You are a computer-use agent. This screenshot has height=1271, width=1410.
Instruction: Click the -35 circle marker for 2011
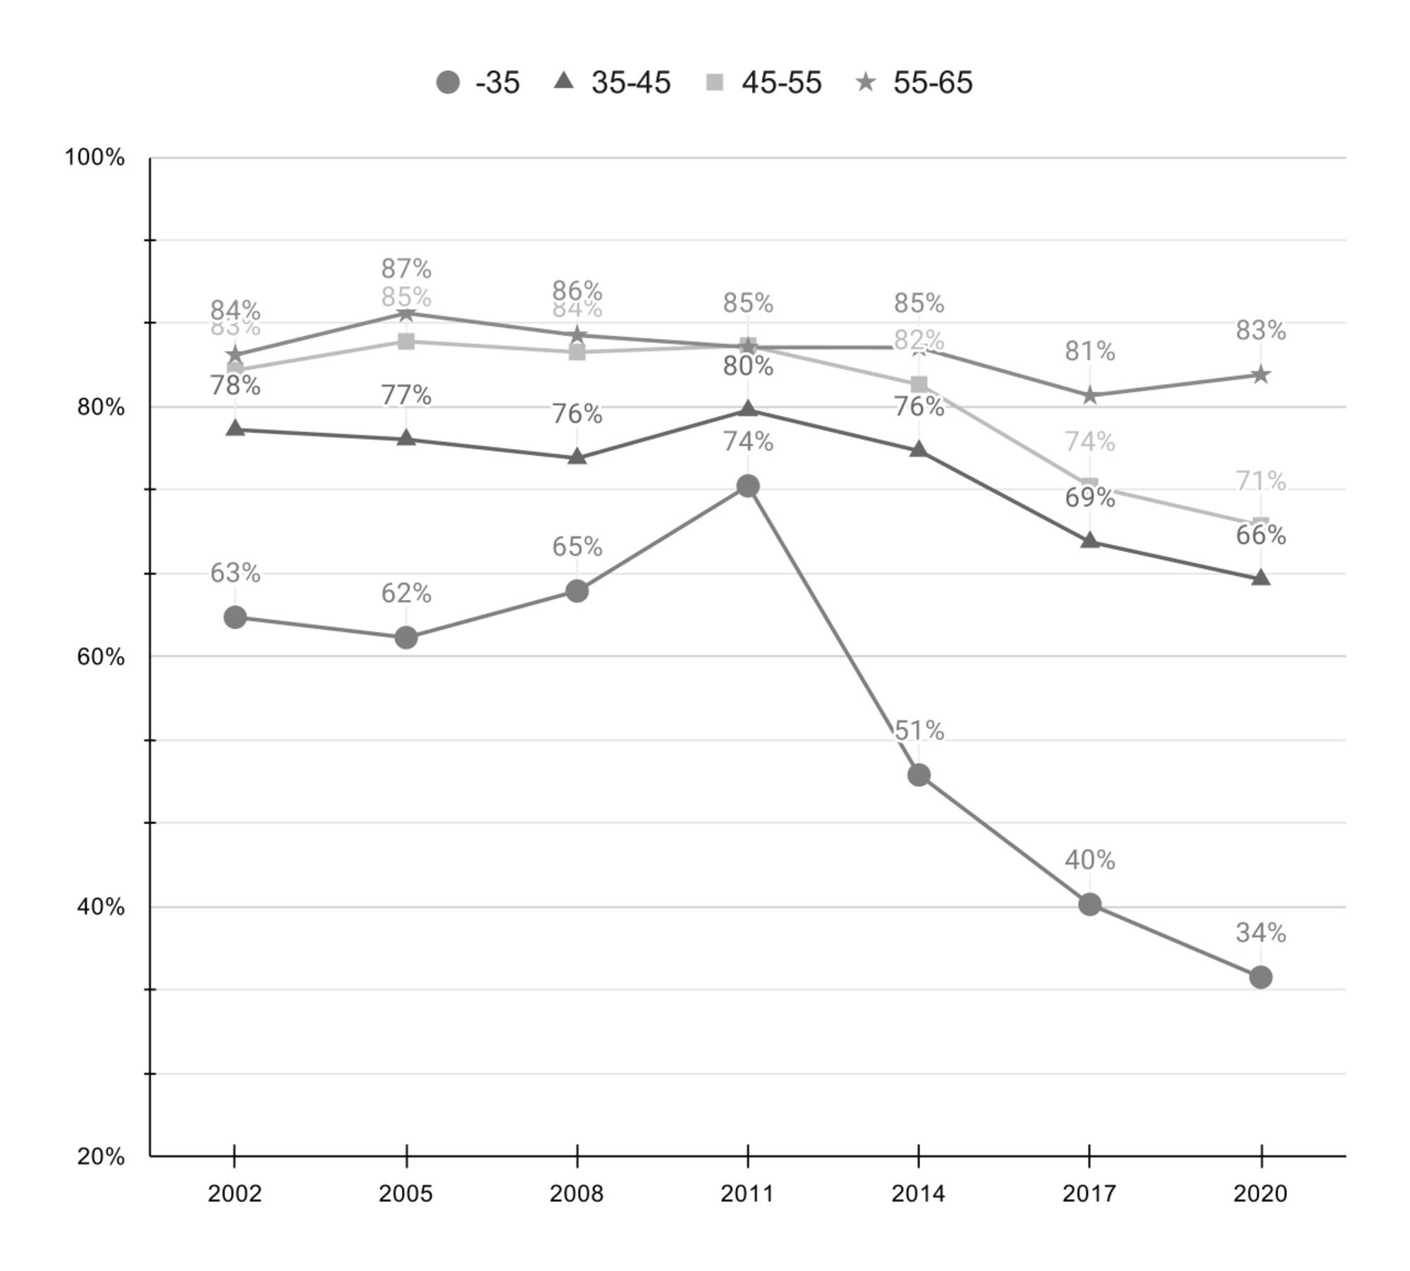coord(747,486)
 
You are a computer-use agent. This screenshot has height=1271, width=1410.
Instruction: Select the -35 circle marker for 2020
coord(1261,977)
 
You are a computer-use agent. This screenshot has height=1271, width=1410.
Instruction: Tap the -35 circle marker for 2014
coord(919,775)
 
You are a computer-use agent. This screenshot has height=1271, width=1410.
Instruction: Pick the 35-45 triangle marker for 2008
coord(577,457)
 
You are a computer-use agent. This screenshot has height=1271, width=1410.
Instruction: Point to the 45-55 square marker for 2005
coord(406,341)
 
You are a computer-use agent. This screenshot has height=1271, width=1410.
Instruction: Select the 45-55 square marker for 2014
coord(919,384)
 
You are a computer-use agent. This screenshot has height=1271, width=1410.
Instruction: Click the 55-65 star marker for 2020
coord(1261,374)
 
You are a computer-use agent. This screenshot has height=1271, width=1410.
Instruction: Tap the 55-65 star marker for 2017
coord(1090,395)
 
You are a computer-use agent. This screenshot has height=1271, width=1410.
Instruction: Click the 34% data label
coord(1261,933)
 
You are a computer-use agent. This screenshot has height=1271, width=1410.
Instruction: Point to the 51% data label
coord(919,731)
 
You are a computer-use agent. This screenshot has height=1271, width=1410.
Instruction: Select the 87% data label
coord(406,269)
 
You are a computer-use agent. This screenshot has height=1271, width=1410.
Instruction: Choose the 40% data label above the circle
coord(1090,860)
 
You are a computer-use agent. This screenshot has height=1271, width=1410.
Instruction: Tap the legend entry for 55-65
coord(914,82)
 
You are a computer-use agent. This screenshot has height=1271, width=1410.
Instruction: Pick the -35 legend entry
coord(478,82)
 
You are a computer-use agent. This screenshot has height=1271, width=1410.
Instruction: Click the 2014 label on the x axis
coord(919,1193)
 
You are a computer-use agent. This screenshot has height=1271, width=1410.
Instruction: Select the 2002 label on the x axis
coord(235,1193)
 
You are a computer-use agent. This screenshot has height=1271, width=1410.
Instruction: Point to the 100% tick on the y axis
coord(94,157)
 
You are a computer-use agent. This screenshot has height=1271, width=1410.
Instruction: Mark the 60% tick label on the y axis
coord(100,657)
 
